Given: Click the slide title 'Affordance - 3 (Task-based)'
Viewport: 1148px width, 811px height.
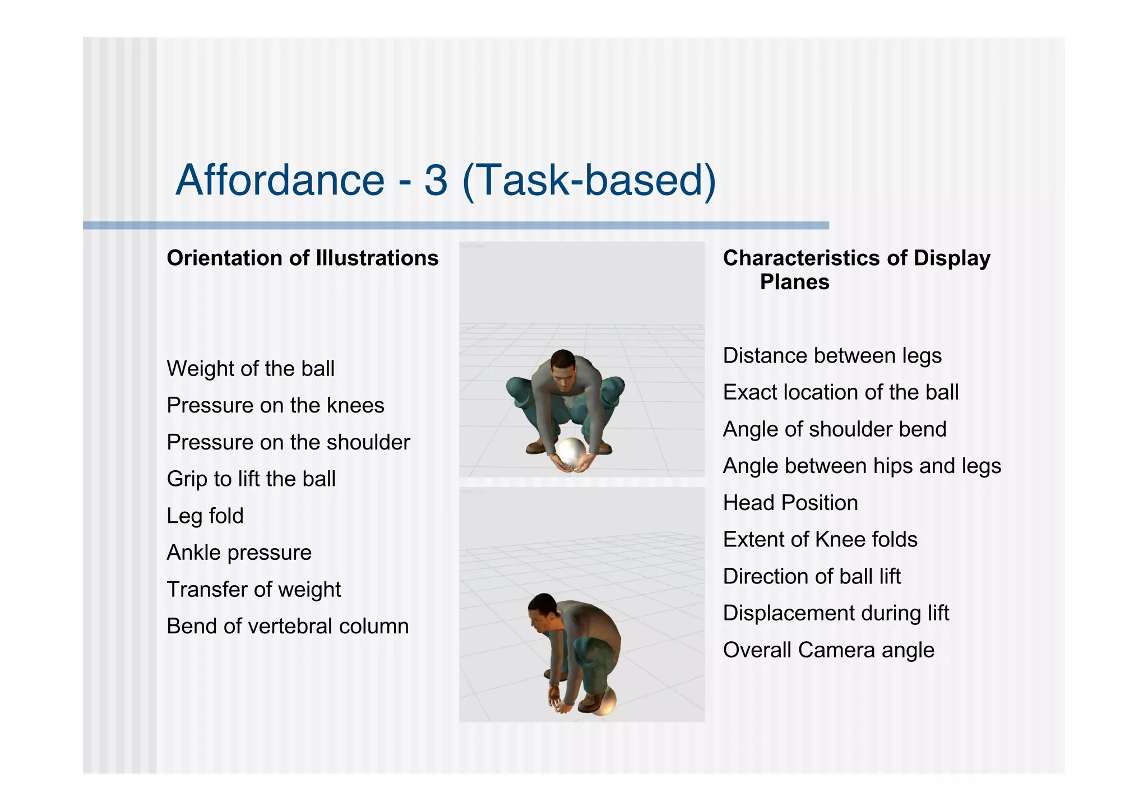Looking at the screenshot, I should (446, 180).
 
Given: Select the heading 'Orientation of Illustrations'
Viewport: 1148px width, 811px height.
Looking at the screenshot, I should (303, 258).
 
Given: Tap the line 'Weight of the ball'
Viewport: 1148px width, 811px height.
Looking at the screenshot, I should (251, 369).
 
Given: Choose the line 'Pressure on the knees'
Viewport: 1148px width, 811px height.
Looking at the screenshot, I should (275, 405).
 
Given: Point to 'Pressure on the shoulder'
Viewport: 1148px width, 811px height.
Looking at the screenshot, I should (288, 442).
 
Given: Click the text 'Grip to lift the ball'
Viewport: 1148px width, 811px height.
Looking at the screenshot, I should (251, 479).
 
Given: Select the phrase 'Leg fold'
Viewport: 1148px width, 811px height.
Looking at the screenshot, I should (205, 516).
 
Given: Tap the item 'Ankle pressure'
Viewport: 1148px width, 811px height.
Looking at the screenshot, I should (239, 553).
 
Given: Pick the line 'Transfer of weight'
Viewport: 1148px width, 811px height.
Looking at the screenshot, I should (254, 590).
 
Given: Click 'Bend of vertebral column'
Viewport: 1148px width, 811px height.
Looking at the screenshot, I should (288, 626).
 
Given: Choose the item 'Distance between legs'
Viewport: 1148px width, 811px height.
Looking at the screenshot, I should (832, 356).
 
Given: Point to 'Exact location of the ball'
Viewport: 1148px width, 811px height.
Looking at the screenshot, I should (840, 392).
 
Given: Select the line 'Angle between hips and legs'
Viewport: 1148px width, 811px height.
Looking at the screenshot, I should (862, 466).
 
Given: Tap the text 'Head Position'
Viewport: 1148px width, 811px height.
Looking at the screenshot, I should (790, 503).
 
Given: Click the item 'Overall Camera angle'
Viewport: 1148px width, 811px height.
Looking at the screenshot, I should (828, 650).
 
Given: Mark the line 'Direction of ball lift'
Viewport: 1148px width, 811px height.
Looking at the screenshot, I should (812, 577).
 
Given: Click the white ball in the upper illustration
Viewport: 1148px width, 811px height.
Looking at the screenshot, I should (571, 453).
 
